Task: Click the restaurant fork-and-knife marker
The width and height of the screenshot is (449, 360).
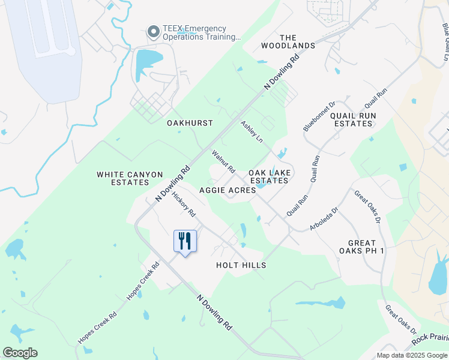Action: click(185, 241)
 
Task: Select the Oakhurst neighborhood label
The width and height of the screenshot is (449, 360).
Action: click(190, 123)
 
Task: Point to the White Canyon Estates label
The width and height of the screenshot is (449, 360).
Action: click(130, 178)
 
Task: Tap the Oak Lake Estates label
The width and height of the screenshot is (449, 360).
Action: click(270, 176)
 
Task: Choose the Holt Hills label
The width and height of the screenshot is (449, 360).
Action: click(241, 265)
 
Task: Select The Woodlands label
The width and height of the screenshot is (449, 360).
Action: click(288, 41)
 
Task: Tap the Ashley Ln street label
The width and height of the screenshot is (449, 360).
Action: click(252, 131)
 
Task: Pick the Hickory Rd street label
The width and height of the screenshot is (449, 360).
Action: click(184, 204)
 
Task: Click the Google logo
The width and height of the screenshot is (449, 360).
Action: click(20, 353)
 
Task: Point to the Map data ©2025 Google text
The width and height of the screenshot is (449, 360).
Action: click(412, 355)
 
